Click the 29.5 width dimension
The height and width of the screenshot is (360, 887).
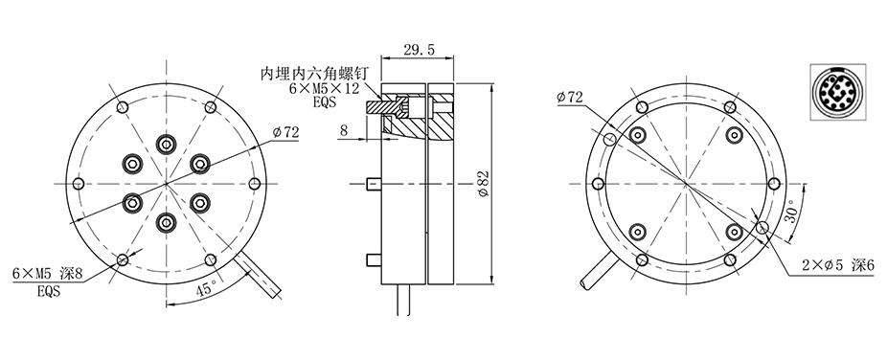(419, 51)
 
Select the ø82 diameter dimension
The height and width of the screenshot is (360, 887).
(484, 184)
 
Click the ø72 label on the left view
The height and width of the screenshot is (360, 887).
(285, 133)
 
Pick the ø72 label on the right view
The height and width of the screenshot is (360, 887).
(570, 98)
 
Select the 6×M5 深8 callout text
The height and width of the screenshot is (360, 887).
(48, 274)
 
